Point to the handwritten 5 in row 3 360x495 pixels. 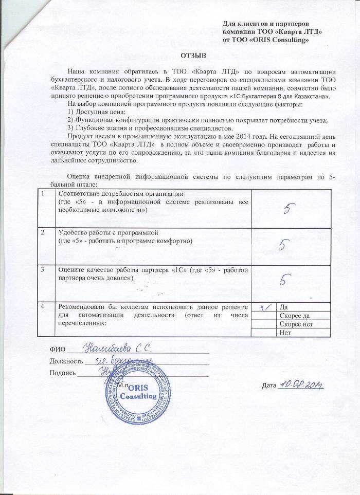coord(286,279)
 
